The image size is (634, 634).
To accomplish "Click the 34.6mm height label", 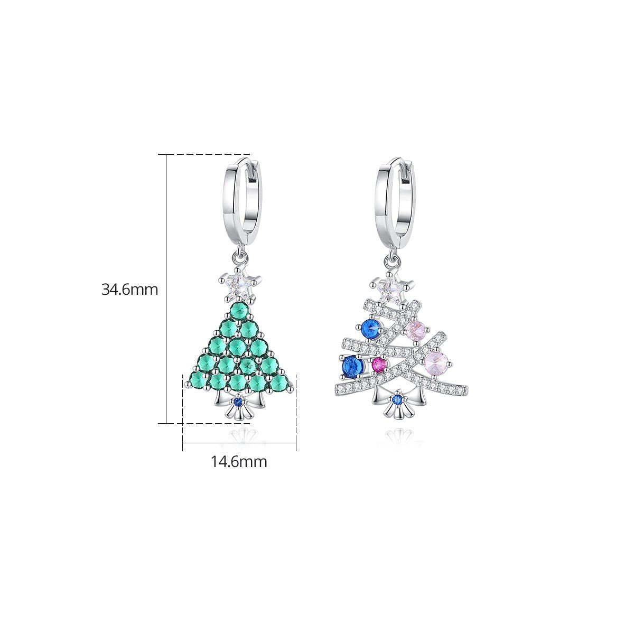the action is click(129, 290).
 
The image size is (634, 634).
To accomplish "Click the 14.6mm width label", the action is click(239, 462).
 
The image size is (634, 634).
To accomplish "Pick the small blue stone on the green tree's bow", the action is click(237, 401).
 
